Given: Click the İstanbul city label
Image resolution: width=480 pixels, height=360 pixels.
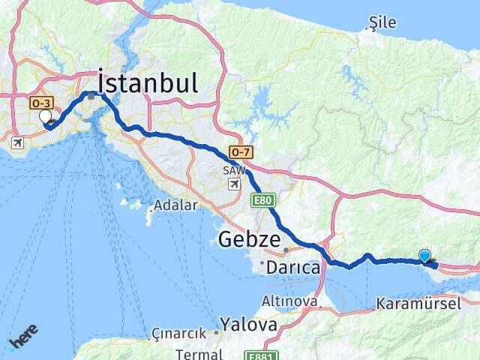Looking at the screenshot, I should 148,82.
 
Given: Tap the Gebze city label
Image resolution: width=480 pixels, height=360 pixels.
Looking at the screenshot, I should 250,241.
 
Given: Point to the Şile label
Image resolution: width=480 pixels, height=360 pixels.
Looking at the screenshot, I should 382,23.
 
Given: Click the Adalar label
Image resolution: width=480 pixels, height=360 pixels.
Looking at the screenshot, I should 175,205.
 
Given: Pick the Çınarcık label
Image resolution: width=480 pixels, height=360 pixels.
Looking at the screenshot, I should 179,332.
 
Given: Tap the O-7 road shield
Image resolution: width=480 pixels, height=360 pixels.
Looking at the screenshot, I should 240,152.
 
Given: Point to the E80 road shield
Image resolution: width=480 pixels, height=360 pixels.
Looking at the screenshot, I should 260,199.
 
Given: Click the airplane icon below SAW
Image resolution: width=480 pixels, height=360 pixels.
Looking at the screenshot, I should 235,184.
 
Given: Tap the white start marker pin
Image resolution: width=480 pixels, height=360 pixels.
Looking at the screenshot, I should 46,117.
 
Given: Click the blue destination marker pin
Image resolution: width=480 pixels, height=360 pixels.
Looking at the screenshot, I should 425,256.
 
